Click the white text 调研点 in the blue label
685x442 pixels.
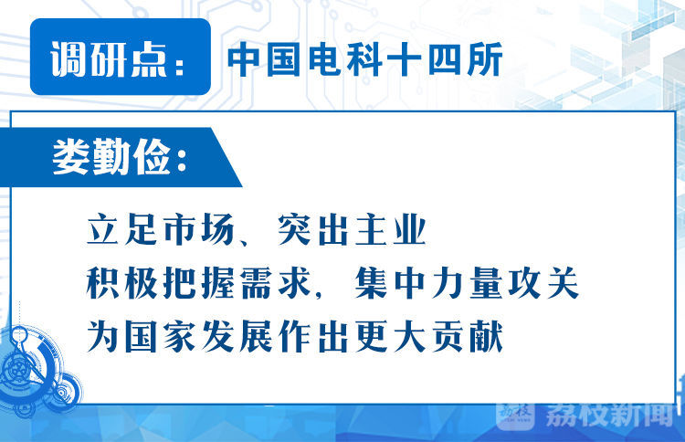109,59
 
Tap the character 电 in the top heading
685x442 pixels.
324,59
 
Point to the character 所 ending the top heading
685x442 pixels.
484,59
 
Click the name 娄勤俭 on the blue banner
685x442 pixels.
111,157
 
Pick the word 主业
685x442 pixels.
390,229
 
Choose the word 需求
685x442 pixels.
275,283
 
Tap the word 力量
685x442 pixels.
467,283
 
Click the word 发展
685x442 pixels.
237,336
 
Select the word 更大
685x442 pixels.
390,336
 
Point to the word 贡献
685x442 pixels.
467,336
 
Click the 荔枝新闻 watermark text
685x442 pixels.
609,414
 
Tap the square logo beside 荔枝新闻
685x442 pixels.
515,414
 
